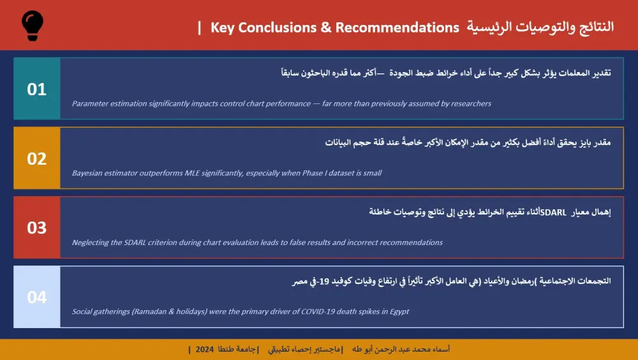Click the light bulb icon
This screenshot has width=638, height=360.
coord(33,25)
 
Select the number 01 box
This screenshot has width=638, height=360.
coord(37,89)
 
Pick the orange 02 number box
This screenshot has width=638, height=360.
coord(37,158)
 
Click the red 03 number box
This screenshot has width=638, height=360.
coord(37,228)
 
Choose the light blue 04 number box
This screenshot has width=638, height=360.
coord(37,297)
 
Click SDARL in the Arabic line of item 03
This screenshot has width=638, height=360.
coord(553,212)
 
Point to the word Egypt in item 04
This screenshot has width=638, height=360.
coord(398,311)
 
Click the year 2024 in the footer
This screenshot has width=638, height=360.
coord(205,350)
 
